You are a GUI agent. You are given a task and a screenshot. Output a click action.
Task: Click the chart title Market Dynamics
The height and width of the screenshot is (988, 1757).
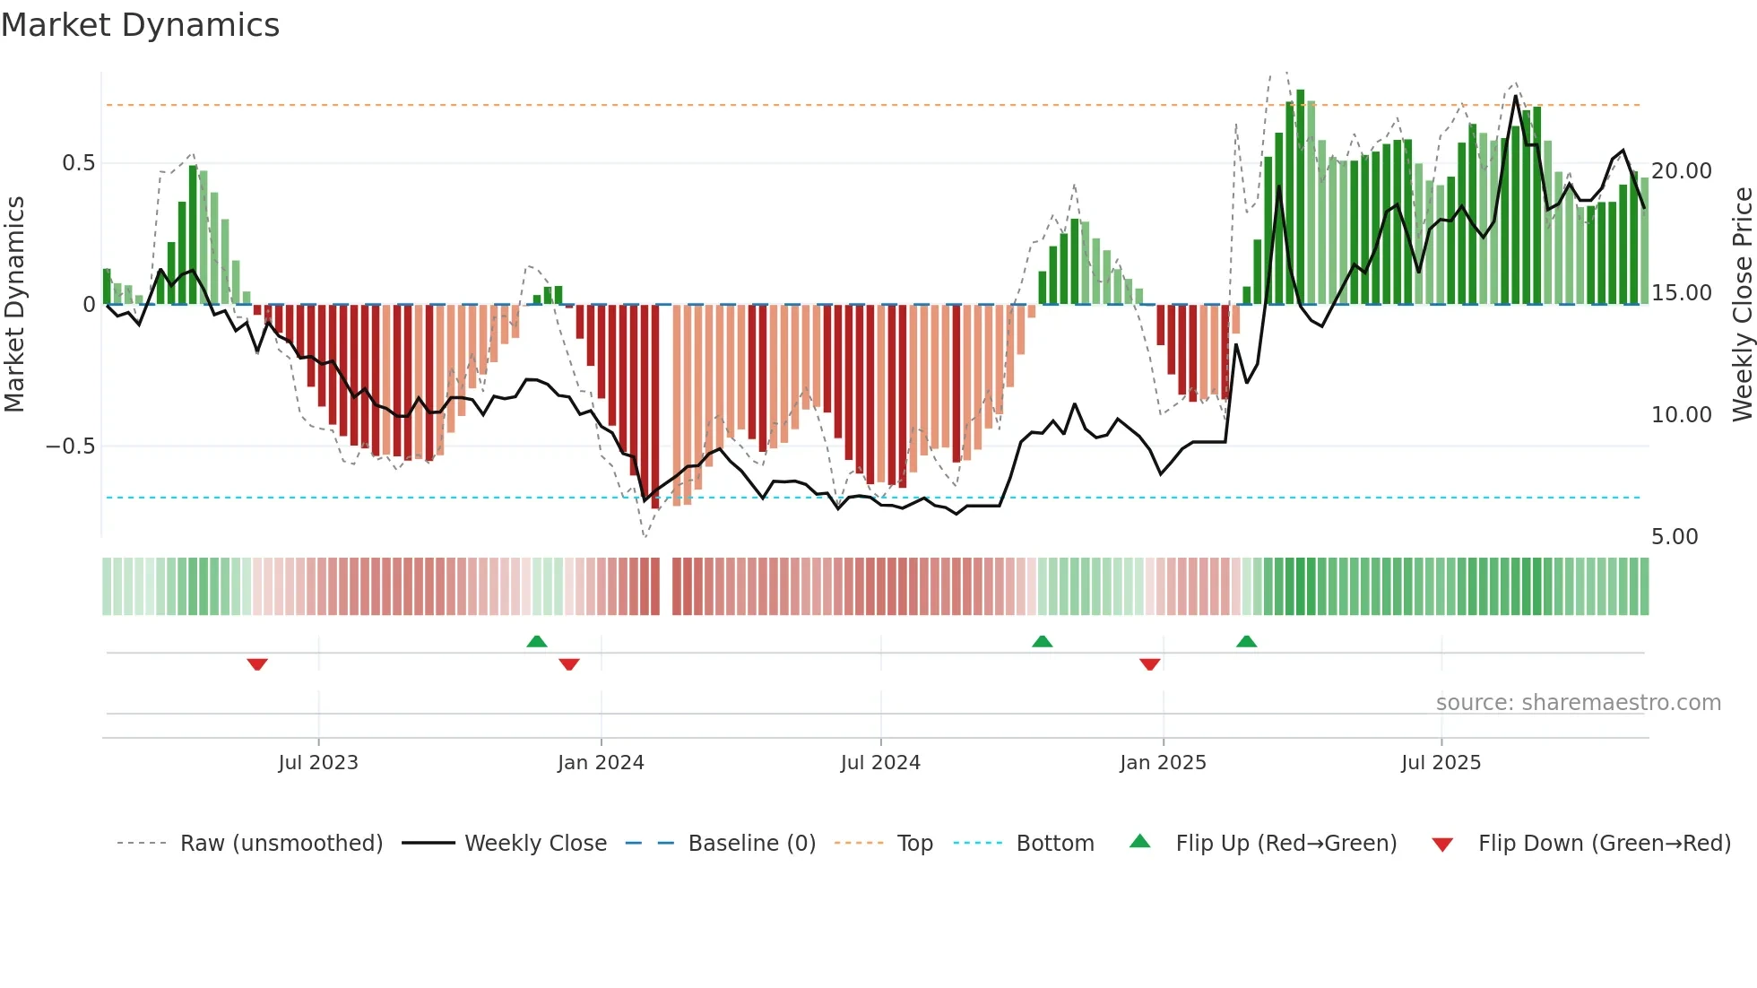(140, 25)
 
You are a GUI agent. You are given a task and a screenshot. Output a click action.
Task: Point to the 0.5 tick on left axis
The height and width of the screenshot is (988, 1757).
(78, 163)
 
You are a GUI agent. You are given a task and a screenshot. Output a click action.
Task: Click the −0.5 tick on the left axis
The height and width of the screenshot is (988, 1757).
(71, 446)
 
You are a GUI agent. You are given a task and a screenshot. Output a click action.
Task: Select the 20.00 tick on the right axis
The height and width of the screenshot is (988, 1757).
(1681, 171)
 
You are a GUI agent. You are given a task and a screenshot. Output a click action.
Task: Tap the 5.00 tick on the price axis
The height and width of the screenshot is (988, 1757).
(1675, 537)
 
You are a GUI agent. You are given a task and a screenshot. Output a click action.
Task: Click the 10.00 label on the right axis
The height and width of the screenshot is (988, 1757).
(1681, 415)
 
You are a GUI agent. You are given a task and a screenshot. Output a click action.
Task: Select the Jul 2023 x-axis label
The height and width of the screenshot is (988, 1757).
(318, 763)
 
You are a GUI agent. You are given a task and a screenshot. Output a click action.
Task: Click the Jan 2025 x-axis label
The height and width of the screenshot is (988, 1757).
(1163, 763)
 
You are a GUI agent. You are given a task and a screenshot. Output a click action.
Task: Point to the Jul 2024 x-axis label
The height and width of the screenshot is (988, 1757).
(880, 763)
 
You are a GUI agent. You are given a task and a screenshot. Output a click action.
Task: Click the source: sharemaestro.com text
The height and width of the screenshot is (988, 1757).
(1578, 703)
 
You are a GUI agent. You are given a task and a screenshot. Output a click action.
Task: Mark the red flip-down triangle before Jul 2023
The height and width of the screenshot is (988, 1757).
(257, 664)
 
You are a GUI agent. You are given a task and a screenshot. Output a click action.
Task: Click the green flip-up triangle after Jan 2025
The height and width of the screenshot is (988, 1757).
(1246, 641)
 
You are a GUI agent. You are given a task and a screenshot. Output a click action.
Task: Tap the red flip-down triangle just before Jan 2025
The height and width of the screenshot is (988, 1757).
(1150, 664)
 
